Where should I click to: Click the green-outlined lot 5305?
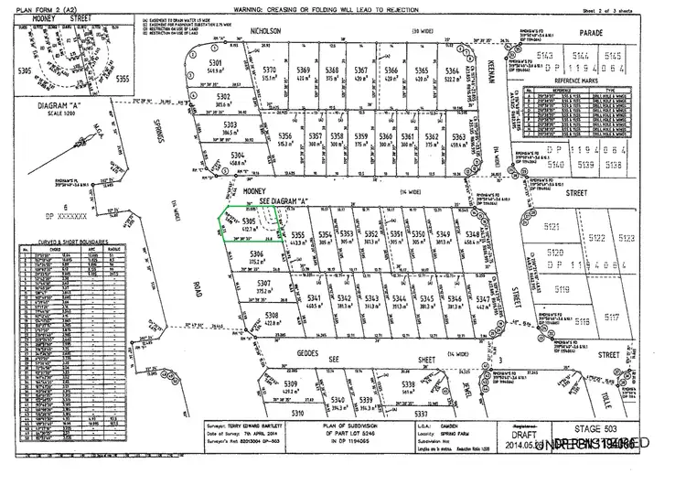click(x=240, y=229)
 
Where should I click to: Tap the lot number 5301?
click(x=217, y=61)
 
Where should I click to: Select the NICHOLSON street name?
click(x=265, y=29)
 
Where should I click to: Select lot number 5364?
click(x=451, y=70)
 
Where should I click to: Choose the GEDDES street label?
click(x=307, y=352)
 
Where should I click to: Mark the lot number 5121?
click(x=551, y=225)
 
